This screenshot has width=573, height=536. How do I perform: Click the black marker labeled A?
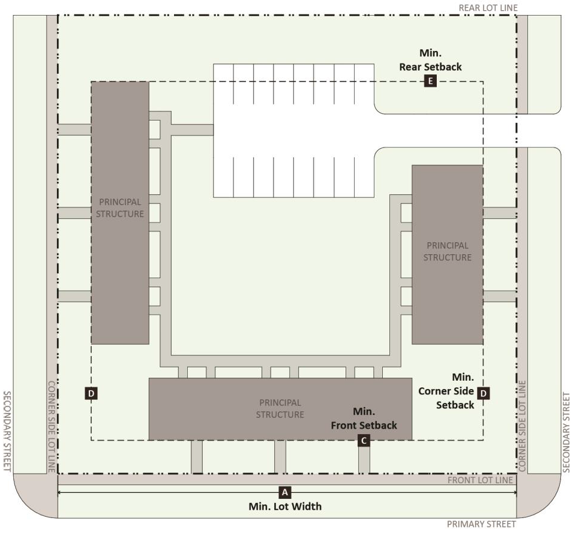pyautogui.click(x=284, y=492)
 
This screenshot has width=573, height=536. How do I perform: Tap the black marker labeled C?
pyautogui.click(x=364, y=440)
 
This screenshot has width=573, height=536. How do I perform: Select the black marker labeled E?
pyautogui.click(x=430, y=81)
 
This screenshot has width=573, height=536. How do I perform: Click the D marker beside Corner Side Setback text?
pyautogui.click(x=483, y=393)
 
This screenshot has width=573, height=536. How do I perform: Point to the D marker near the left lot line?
pyautogui.click(x=91, y=393)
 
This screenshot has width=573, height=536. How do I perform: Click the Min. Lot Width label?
pyautogui.click(x=285, y=507)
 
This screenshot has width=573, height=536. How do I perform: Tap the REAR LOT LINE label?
pyautogui.click(x=488, y=8)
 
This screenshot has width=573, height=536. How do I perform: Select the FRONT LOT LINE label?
pyautogui.click(x=480, y=480)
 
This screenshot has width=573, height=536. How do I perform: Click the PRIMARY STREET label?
pyautogui.click(x=481, y=524)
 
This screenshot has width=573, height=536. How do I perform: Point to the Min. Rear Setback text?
pyautogui.click(x=430, y=60)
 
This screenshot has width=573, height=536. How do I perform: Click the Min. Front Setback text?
pyautogui.click(x=364, y=418)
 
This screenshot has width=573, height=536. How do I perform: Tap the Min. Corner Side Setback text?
pyautogui.click(x=446, y=391)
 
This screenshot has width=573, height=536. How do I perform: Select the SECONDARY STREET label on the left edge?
pyautogui.click(x=7, y=431)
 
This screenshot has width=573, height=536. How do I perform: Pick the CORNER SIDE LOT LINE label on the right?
pyautogui.click(x=522, y=426)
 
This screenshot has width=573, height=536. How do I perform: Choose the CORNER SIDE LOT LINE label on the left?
pyautogui.click(x=52, y=426)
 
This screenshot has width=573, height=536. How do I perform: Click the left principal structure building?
pyautogui.click(x=120, y=212)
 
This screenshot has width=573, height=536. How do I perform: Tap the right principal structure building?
pyautogui.click(x=447, y=254)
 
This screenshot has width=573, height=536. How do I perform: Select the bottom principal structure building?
pyautogui.click(x=280, y=409)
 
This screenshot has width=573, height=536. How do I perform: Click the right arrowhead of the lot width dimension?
pyautogui.click(x=515, y=492)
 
